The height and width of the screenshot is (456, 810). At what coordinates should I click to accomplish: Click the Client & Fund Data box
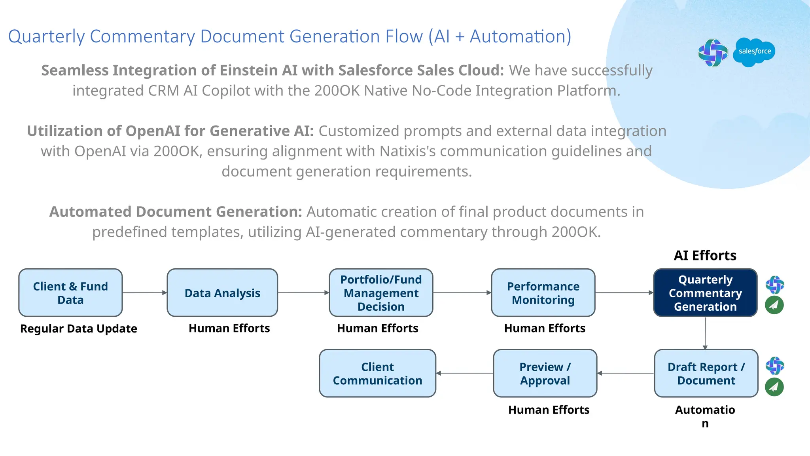(70, 293)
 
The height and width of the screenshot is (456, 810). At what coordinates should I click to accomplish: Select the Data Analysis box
(222, 293)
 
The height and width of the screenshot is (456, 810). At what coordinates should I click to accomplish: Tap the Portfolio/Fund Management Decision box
(381, 293)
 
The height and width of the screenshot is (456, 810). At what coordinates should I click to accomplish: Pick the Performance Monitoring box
(543, 293)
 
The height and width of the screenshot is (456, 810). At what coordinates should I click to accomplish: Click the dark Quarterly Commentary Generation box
(705, 293)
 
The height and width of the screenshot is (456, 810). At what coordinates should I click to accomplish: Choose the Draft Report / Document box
(706, 373)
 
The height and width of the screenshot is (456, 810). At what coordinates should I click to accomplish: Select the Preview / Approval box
(545, 373)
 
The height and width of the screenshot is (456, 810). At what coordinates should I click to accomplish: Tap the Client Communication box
(377, 373)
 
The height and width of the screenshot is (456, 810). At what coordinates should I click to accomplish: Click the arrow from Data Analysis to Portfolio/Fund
(303, 293)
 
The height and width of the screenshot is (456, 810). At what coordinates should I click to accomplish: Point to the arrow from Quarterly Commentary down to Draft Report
(705, 333)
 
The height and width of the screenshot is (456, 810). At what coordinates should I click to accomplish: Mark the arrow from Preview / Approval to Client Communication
(465, 373)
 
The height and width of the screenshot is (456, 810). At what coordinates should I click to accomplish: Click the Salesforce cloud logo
(754, 52)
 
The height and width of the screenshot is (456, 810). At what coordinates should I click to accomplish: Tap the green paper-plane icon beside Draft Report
(774, 387)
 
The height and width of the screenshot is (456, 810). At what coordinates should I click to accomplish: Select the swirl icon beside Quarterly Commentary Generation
(775, 285)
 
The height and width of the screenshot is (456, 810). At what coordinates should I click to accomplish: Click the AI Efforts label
(705, 256)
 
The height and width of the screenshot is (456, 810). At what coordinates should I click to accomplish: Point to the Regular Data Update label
(79, 329)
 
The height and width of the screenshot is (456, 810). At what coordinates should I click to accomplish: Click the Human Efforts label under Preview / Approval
(549, 410)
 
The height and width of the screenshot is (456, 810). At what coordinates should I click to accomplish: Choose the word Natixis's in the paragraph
(407, 151)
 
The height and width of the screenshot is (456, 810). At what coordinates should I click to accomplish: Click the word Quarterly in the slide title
(46, 36)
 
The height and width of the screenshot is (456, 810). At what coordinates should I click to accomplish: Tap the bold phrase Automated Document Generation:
(176, 212)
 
